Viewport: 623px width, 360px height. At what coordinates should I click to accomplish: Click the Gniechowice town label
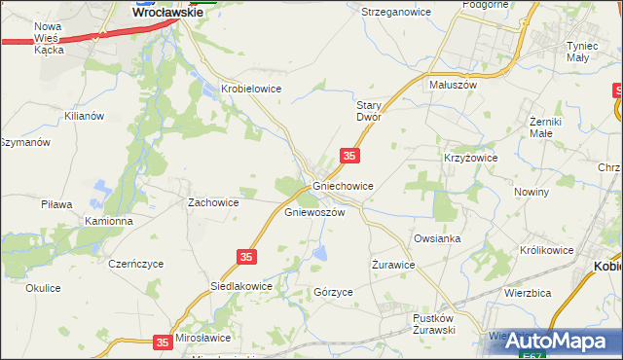[x=343, y=185]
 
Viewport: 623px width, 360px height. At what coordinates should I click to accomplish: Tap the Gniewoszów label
[x=314, y=212]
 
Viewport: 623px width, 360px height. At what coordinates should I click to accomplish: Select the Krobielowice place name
[x=251, y=89]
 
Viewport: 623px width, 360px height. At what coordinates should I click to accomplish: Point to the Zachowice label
[x=213, y=202]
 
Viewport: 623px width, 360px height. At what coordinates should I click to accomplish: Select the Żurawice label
[x=394, y=264]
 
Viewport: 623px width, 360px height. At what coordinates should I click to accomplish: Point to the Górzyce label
[x=333, y=292]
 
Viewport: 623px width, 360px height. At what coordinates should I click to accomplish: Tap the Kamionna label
[x=108, y=221]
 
